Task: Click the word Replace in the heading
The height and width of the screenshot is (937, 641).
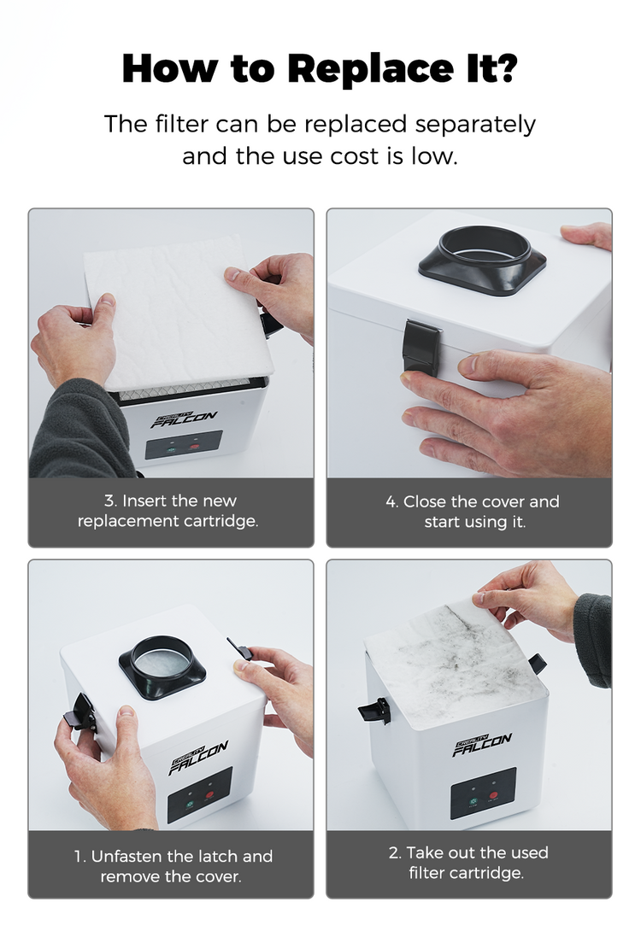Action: pyautogui.click(x=371, y=69)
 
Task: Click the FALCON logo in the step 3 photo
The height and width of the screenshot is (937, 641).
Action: pyautogui.click(x=183, y=419)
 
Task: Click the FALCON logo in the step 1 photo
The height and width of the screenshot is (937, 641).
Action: pyautogui.click(x=198, y=758)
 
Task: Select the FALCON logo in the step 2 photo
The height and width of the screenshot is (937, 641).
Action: pyautogui.click(x=482, y=745)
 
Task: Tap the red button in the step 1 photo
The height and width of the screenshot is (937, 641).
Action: pyautogui.click(x=209, y=795)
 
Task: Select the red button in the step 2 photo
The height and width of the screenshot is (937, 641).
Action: pyautogui.click(x=493, y=795)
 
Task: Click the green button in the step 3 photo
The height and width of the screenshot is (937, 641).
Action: pyautogui.click(x=171, y=448)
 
